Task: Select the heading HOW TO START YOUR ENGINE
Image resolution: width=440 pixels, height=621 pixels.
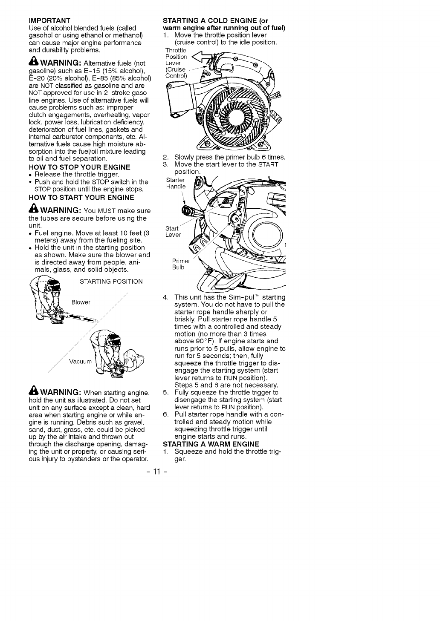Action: pos(81,197)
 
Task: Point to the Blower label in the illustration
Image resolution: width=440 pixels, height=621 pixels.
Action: pos(81,302)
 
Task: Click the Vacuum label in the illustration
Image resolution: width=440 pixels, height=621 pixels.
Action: pos(80,362)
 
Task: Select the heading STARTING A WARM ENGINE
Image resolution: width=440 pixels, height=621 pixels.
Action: pos(211,444)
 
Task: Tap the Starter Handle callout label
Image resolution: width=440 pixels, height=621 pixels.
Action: pos(176,183)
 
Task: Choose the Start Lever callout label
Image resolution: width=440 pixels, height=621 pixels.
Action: pos(173,232)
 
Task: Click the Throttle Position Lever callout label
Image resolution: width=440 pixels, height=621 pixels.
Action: pos(176,63)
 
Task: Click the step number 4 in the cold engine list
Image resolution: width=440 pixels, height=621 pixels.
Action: pos(165,297)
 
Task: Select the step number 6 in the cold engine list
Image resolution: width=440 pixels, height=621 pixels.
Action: pos(165,414)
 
